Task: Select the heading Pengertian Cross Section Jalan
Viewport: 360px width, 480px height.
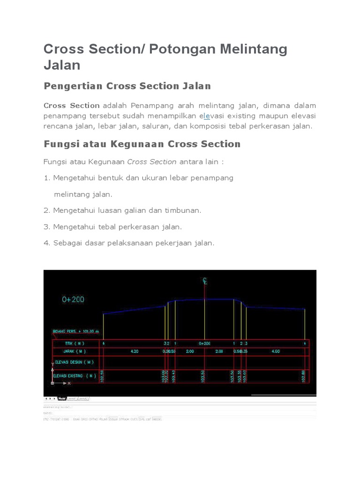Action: tap(127, 86)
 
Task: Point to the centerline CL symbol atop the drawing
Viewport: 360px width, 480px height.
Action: tap(205, 281)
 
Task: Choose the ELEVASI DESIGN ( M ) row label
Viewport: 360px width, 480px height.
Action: tap(75, 361)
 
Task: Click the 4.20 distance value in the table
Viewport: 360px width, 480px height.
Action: tap(134, 351)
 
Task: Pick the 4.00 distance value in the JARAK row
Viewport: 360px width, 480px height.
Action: tap(276, 351)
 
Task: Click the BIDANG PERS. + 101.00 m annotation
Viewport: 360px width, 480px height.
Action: tap(75, 331)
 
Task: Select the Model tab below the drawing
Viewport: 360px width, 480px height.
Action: tap(61, 398)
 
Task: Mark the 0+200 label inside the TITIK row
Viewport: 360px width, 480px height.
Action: tap(204, 344)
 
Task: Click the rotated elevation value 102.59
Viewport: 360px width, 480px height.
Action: tap(102, 376)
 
